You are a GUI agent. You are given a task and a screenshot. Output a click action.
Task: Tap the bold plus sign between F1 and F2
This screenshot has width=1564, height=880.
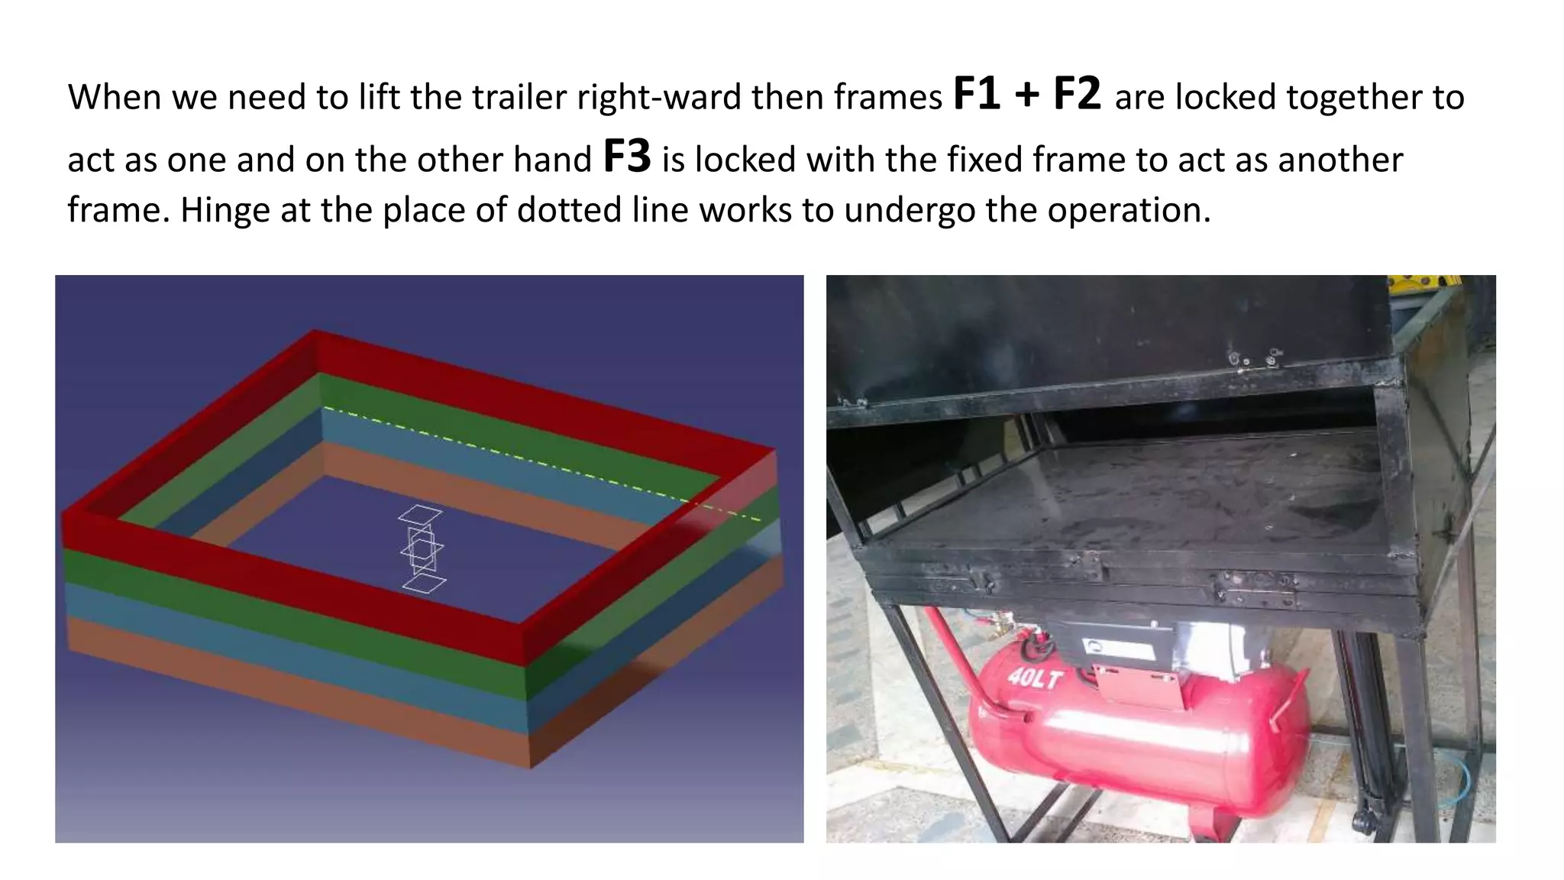click(x=1027, y=95)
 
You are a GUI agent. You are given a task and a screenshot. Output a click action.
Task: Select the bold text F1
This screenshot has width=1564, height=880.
click(x=977, y=95)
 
